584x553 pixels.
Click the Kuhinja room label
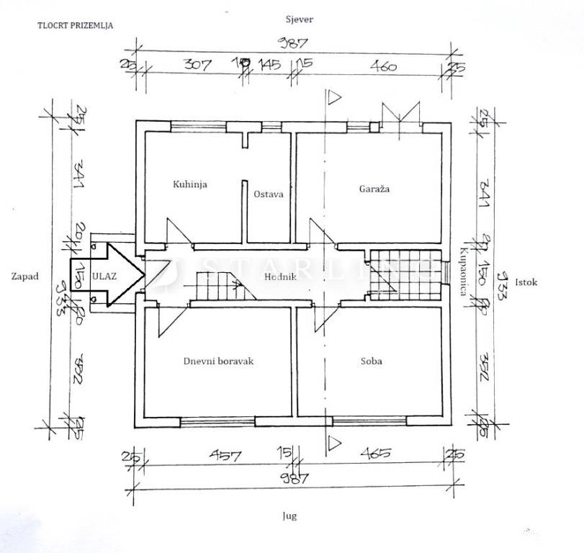click(190, 185)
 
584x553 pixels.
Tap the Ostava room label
click(268, 194)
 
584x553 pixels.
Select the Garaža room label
click(374, 189)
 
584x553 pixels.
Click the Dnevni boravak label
click(218, 361)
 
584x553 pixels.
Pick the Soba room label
click(372, 361)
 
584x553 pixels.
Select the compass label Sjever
click(296, 20)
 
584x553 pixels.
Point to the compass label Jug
click(290, 516)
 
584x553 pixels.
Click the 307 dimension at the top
click(197, 66)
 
